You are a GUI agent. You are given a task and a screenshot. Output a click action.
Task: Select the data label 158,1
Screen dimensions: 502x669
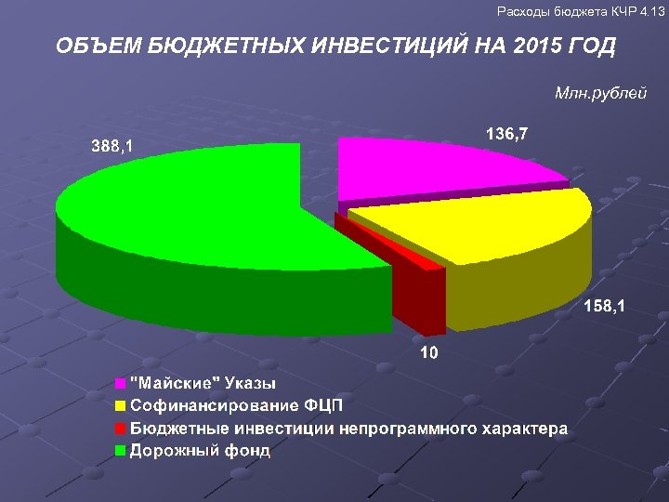tap(604, 305)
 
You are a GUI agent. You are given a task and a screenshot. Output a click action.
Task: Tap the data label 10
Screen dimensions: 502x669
tap(427, 352)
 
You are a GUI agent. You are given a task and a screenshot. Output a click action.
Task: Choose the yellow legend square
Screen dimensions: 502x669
tap(121, 406)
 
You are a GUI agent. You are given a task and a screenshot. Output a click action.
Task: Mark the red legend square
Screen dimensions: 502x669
tap(121, 429)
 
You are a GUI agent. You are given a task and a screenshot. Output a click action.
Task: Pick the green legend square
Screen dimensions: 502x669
tap(121, 451)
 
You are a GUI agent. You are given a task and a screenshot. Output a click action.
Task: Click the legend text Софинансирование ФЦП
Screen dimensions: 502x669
tap(237, 406)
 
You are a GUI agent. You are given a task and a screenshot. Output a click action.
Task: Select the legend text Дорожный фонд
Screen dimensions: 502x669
tap(200, 451)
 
